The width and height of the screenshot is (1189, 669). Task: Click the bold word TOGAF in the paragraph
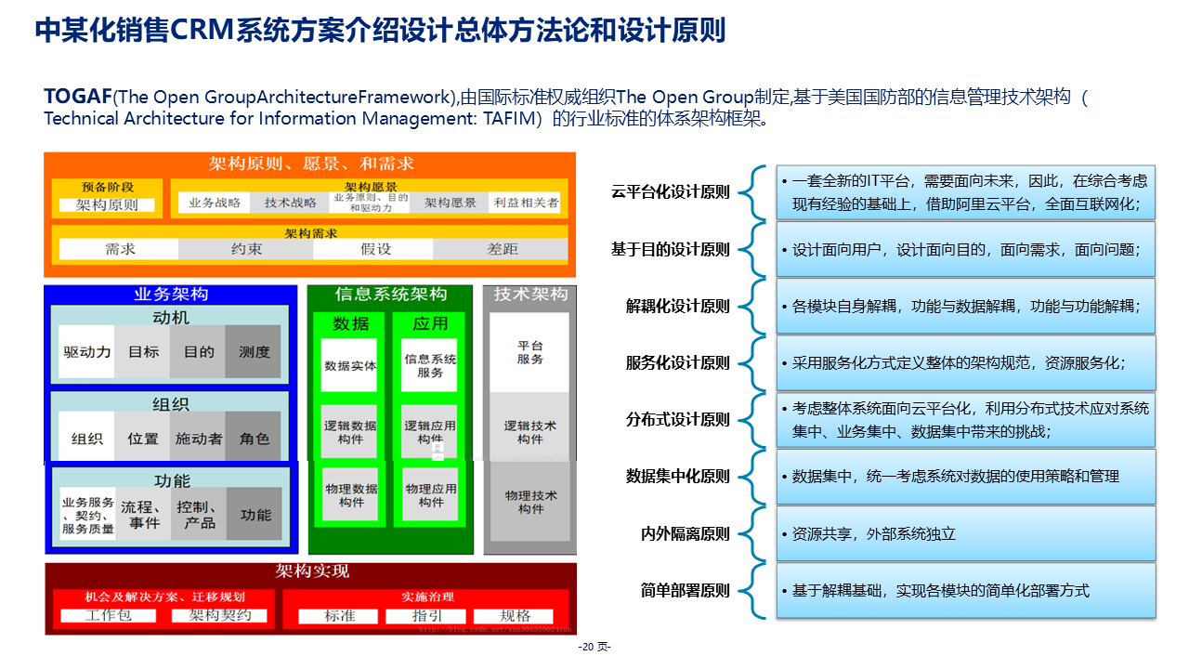point(78,98)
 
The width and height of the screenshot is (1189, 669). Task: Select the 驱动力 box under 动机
point(87,352)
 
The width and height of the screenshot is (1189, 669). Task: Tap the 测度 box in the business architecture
point(254,352)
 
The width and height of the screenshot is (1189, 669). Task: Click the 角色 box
point(254,439)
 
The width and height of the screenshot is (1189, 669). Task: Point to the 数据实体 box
point(350,366)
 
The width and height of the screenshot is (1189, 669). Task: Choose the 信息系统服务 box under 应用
point(430,366)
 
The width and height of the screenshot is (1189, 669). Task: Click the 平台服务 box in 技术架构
point(529,353)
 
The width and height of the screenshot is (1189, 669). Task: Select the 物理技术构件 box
point(530,502)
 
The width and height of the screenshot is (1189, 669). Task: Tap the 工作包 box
point(108,616)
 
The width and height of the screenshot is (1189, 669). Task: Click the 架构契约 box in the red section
point(228,616)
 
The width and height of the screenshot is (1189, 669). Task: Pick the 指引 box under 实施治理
point(427,616)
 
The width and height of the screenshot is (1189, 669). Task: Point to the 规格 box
point(515,616)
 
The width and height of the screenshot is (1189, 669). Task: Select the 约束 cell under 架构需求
point(246,249)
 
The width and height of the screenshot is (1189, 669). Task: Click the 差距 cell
point(503,249)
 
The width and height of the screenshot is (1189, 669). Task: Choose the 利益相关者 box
point(526,203)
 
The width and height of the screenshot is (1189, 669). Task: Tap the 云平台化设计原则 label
point(671,192)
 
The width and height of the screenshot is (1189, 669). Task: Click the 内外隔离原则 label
point(686,534)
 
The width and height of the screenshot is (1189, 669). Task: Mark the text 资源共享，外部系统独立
point(873,534)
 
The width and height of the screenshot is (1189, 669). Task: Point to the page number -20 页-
point(594,647)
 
